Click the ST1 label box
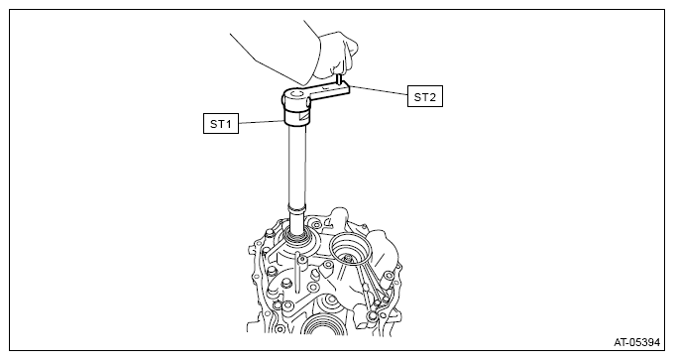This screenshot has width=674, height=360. [221, 124]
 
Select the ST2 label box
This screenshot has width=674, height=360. [424, 97]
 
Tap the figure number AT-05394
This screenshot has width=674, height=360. [636, 342]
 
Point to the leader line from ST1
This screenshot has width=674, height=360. [262, 122]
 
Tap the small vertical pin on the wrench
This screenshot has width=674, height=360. [339, 80]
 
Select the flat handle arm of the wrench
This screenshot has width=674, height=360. [329, 91]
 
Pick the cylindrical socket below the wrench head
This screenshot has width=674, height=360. [296, 116]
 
